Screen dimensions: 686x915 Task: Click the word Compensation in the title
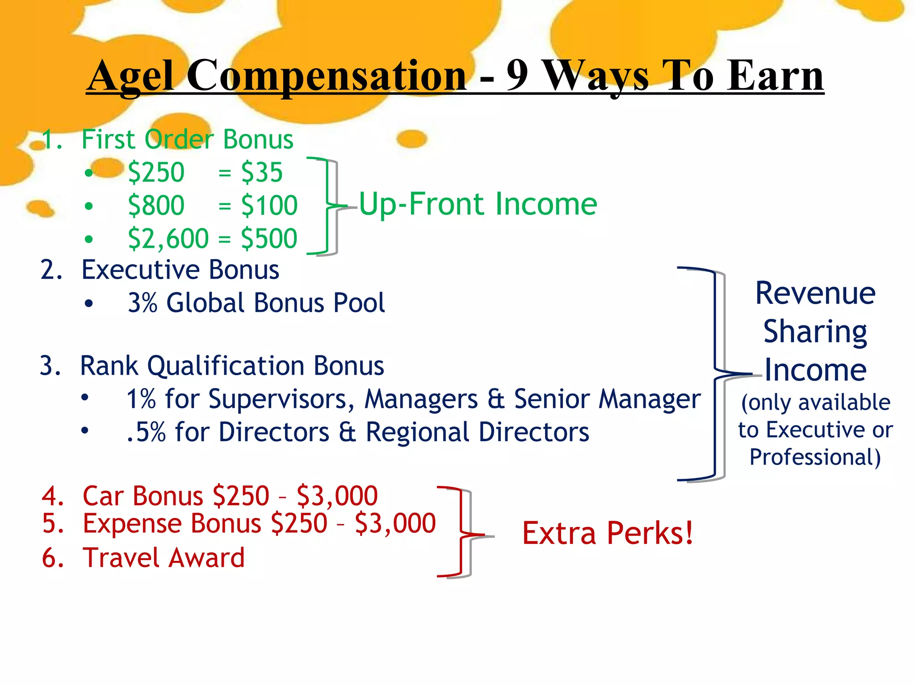point(327,76)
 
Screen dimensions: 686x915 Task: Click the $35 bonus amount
point(262,172)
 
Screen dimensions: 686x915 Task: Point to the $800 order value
point(156,205)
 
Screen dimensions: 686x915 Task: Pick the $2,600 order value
point(168,238)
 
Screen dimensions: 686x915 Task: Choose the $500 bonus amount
point(269,238)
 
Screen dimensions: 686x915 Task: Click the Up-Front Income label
point(478,205)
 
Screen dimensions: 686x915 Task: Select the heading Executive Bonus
point(180,270)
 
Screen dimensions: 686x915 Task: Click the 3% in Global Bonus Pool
point(143,303)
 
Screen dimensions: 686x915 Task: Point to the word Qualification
point(226,366)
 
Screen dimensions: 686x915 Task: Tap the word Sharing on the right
point(815,332)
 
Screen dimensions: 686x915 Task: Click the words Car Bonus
point(143,496)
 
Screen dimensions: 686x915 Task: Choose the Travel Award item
point(164,558)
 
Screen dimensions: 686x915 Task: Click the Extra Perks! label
point(608,533)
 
